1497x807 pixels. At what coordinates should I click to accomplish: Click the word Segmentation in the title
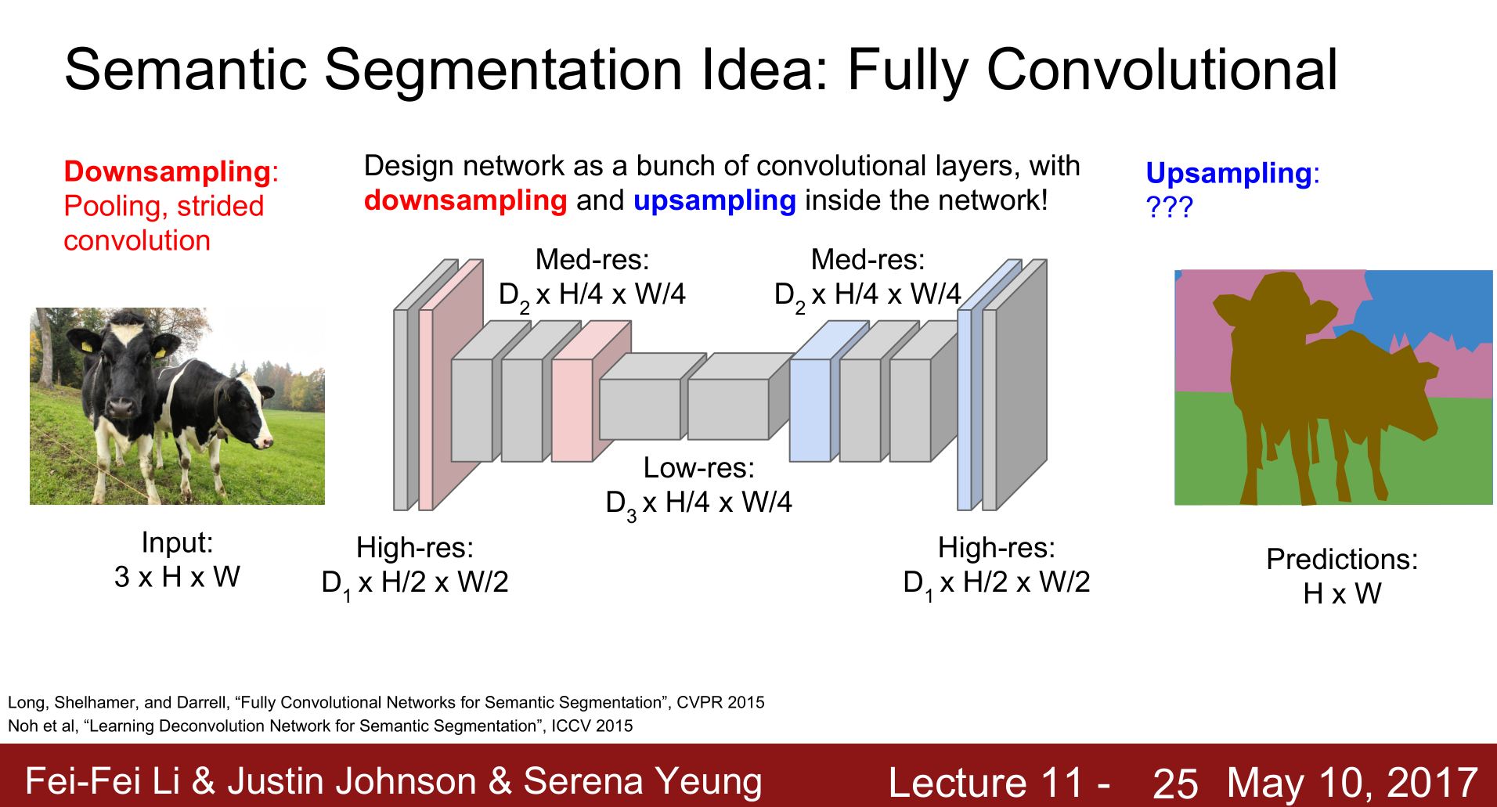[503, 70]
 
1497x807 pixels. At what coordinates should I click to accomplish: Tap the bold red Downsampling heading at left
[168, 171]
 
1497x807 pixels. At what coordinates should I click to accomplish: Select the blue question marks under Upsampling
[1169, 207]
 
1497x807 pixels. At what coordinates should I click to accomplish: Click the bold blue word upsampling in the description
[714, 201]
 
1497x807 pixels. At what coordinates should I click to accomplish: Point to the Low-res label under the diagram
[698, 468]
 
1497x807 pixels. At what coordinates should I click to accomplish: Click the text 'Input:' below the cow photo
[177, 542]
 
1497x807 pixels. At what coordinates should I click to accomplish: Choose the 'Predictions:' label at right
[1342, 560]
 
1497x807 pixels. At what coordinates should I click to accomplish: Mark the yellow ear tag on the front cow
[161, 352]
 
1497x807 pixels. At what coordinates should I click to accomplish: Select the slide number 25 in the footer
[1175, 783]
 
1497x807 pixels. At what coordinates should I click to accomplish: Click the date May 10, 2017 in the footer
[1352, 782]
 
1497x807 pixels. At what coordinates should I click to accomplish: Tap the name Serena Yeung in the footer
[643, 781]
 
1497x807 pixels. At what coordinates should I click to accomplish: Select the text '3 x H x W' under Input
[177, 578]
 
